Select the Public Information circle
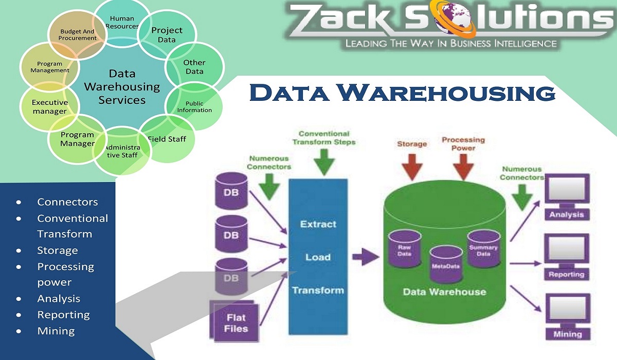pos(194,106)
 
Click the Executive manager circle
pos(49,106)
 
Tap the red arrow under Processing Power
pos(463,165)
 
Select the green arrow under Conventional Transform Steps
pos(324,161)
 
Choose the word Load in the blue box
pos(318,257)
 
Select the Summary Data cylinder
pos(483,248)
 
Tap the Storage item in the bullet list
pos(57,250)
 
